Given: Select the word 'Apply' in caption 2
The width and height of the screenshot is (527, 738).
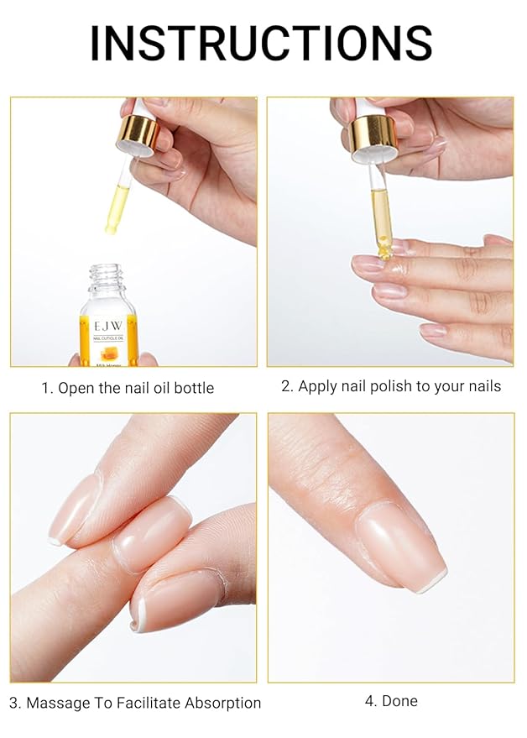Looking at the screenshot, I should [317, 387].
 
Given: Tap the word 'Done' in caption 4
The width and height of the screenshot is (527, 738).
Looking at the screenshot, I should [399, 701].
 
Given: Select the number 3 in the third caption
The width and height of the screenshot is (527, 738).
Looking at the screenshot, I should [13, 704].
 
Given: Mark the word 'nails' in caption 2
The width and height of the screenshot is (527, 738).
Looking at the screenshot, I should [483, 387].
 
